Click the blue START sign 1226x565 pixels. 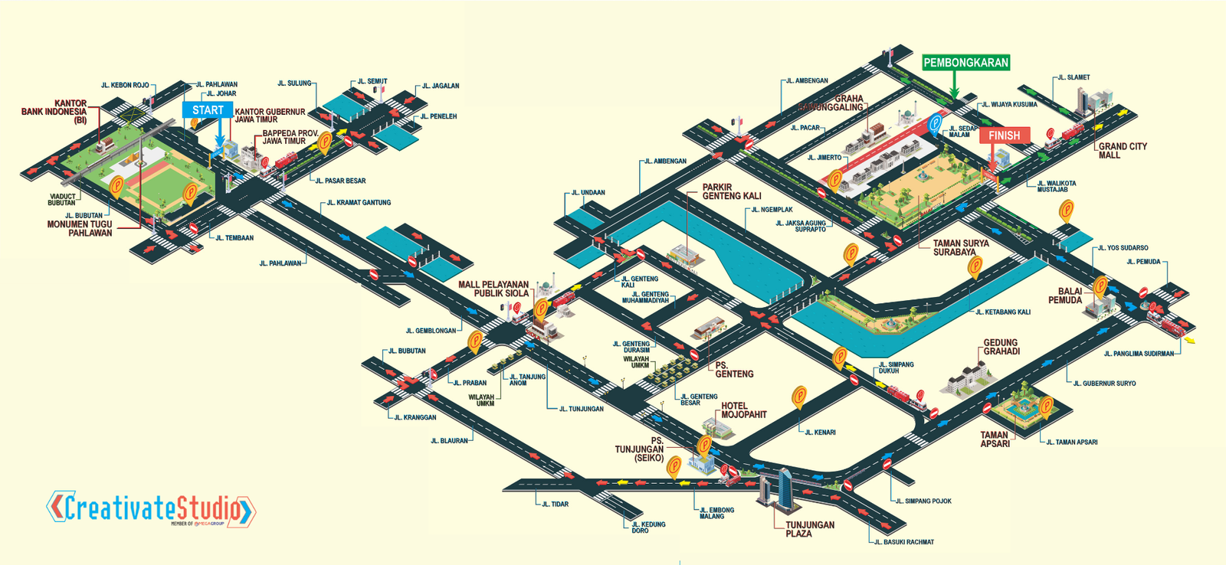click(208, 110)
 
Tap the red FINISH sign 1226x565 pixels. click(1004, 136)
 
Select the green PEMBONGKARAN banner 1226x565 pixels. click(965, 63)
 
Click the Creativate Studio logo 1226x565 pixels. click(151, 508)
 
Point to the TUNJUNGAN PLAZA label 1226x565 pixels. click(809, 529)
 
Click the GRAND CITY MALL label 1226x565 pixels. click(1123, 151)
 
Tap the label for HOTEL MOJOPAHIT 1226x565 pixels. click(743, 410)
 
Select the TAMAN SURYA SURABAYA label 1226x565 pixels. click(960, 247)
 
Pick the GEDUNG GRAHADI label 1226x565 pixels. click(1001, 347)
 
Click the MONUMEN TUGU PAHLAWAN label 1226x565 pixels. click(80, 228)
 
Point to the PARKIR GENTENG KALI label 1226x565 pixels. click(732, 191)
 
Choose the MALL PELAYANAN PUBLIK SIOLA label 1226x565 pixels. click(493, 289)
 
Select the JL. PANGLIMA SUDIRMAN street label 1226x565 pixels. click(1139, 354)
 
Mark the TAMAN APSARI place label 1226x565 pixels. click(995, 439)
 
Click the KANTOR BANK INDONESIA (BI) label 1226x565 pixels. click(54, 112)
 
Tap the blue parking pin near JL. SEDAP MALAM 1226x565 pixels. click(935, 123)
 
